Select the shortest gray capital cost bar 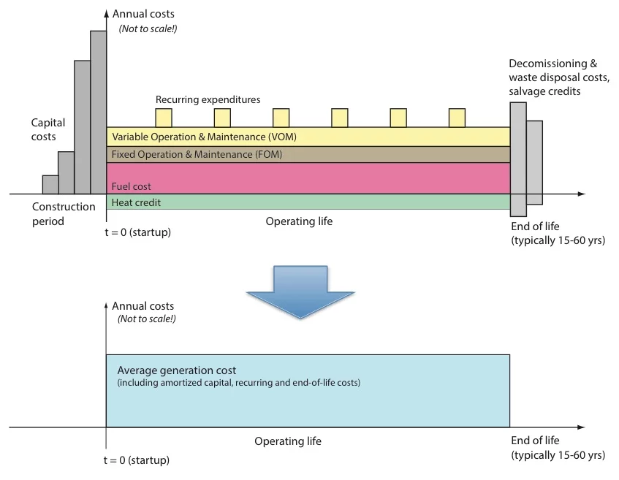tap(50, 185)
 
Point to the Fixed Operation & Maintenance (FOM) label tap(197, 154)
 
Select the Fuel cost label tap(132, 186)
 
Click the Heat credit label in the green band tap(136, 202)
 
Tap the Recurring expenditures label tap(208, 99)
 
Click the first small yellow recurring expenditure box tap(163, 118)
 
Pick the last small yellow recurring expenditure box tap(457, 118)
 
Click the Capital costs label tap(48, 130)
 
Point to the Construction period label tap(64, 213)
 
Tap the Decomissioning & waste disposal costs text tap(558, 77)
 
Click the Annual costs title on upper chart tap(146, 14)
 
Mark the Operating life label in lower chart tap(288, 441)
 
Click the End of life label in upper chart tap(535, 226)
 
